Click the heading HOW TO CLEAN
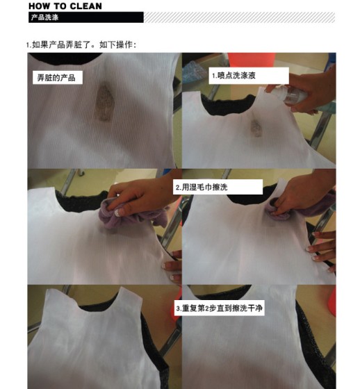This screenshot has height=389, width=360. coord(65,6)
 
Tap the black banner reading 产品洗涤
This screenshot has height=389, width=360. coord(86,17)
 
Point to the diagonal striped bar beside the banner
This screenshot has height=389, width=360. coord(239,17)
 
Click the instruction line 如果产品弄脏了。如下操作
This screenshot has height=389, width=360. coord(81,45)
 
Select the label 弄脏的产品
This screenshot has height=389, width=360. coord(58,78)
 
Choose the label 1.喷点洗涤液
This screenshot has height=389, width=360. coord(249,76)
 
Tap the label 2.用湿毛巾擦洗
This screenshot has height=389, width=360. coord(218,187)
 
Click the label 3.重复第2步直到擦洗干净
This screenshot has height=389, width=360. coord(219,308)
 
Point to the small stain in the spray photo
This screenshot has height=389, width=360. coord(256,128)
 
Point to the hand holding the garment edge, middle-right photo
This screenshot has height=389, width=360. coord(322,247)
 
